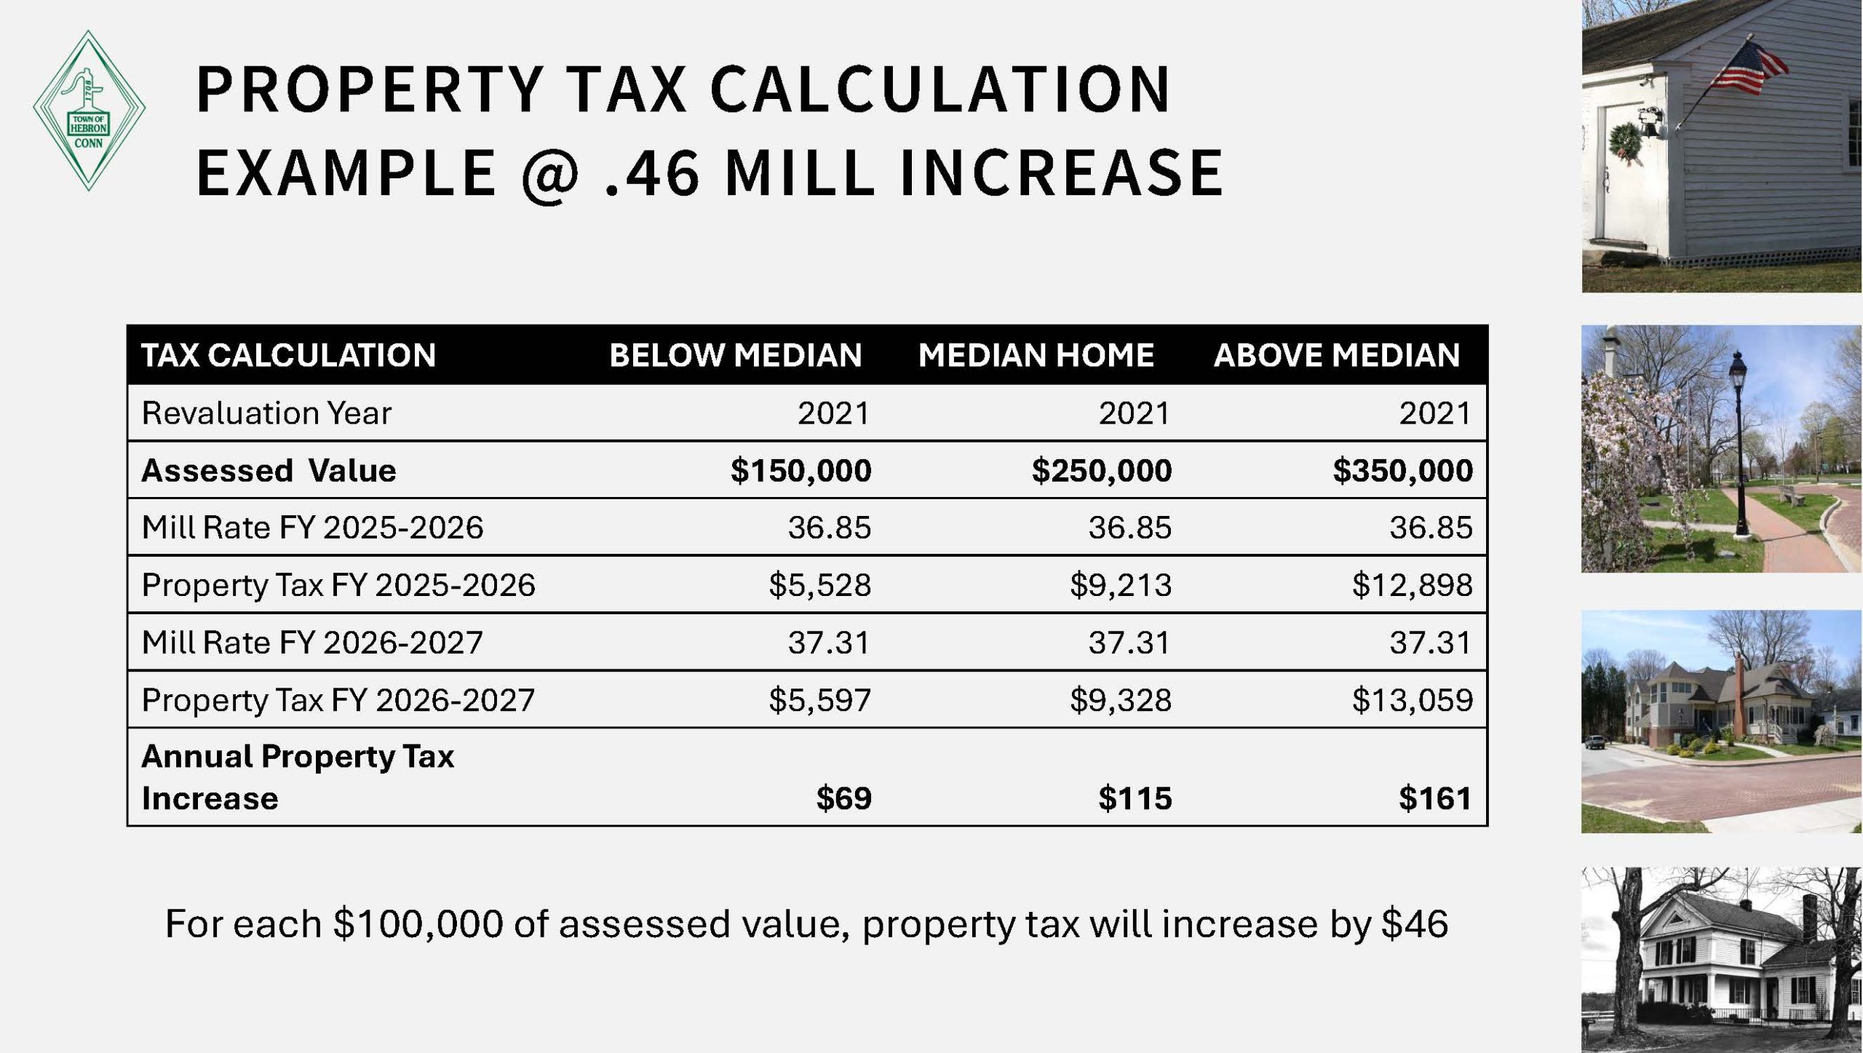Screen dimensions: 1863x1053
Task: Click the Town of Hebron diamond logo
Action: coord(89,111)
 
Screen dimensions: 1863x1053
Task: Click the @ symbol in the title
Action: coord(550,174)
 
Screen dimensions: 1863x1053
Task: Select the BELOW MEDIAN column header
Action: coord(736,355)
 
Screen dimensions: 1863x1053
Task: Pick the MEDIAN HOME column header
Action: coord(1036,355)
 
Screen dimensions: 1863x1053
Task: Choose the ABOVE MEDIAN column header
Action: coord(1337,355)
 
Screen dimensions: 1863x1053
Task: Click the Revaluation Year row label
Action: coord(266,413)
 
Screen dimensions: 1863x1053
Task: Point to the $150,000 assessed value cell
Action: coord(801,470)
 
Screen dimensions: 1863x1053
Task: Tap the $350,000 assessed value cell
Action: coord(1403,470)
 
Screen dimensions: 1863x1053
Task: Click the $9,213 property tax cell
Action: coord(1121,585)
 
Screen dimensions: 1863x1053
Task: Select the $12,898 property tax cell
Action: coord(1413,585)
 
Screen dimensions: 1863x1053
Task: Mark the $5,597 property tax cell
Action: coord(820,700)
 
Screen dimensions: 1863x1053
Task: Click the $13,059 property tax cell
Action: coord(1413,700)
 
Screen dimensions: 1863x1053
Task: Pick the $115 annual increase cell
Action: coord(1135,798)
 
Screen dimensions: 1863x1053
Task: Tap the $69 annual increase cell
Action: coord(844,798)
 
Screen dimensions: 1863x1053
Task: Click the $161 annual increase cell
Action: coord(1435,798)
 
